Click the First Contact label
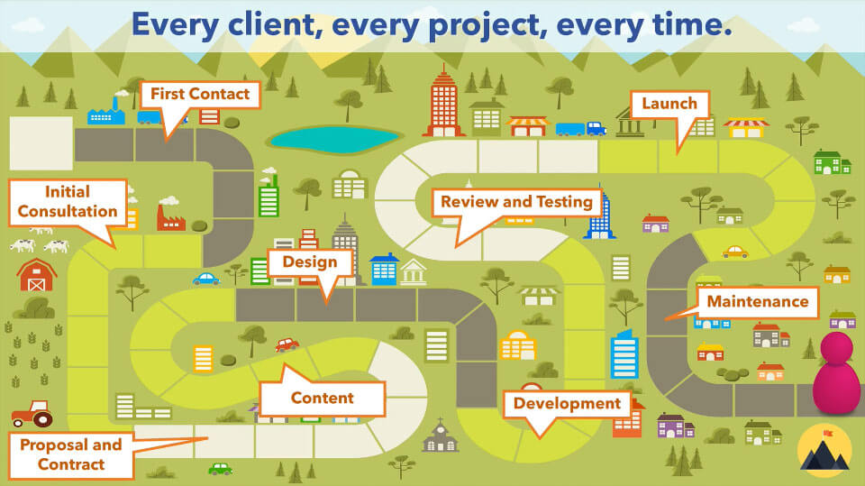coord(200,95)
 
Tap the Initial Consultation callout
coord(68,202)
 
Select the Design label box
coord(309,262)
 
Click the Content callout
coord(322,398)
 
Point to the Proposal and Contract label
coord(70,454)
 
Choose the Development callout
coord(567,403)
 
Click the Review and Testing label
coord(516,202)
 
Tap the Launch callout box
coord(669,104)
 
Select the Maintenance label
coord(757,301)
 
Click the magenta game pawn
coord(837,372)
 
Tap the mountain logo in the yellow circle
coord(824,452)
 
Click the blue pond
coord(334,138)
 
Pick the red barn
coord(37,275)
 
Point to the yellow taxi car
coord(734,252)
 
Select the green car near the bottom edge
coord(220,469)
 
